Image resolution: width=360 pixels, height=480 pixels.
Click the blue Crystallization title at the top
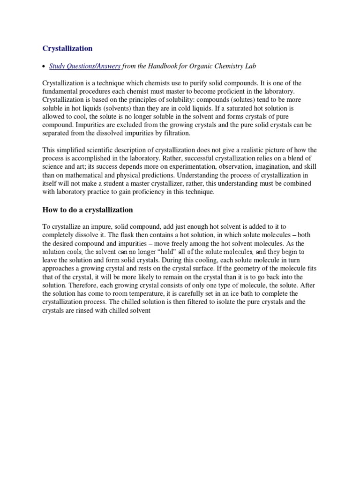tap(67, 48)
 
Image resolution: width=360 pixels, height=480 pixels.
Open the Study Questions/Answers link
tap(85, 66)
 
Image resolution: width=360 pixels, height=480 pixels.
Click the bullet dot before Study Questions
tap(44, 67)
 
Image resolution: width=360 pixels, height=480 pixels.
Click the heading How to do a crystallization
tap(88, 210)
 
